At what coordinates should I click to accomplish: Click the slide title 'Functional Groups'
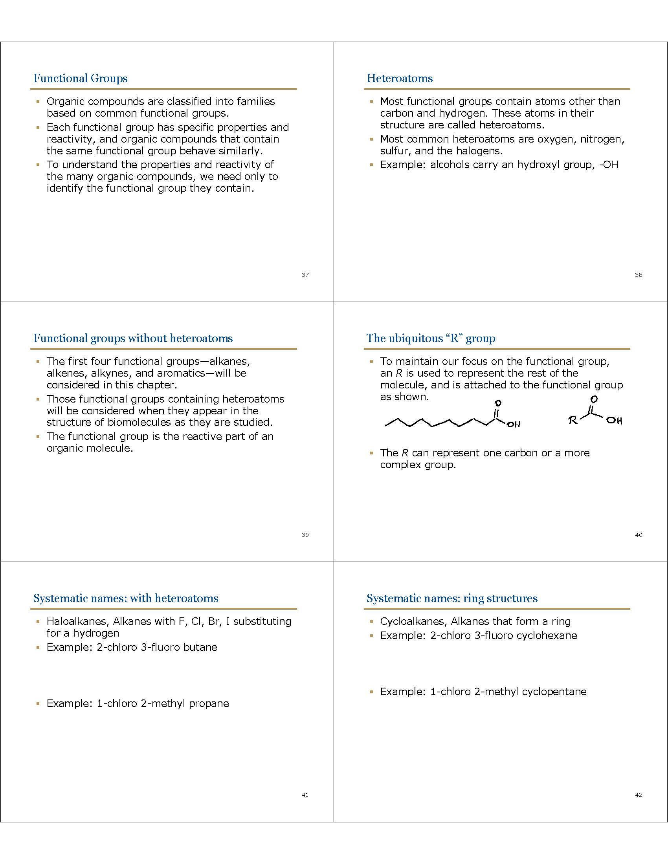pyautogui.click(x=80, y=78)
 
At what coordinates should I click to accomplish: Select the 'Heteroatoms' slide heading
pyautogui.click(x=399, y=78)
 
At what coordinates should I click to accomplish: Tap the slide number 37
pyautogui.click(x=305, y=275)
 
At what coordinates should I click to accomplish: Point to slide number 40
pyautogui.click(x=638, y=535)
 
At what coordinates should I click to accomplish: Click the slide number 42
pyautogui.click(x=638, y=795)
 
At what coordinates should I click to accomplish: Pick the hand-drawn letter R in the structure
pyautogui.click(x=573, y=420)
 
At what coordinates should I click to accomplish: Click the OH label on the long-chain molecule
pyautogui.click(x=513, y=425)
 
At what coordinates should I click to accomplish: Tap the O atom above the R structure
pyautogui.click(x=594, y=399)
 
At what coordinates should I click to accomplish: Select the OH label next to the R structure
pyautogui.click(x=614, y=420)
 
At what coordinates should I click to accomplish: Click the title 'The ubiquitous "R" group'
pyautogui.click(x=431, y=338)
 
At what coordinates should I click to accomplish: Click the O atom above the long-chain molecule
pyautogui.click(x=498, y=403)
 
